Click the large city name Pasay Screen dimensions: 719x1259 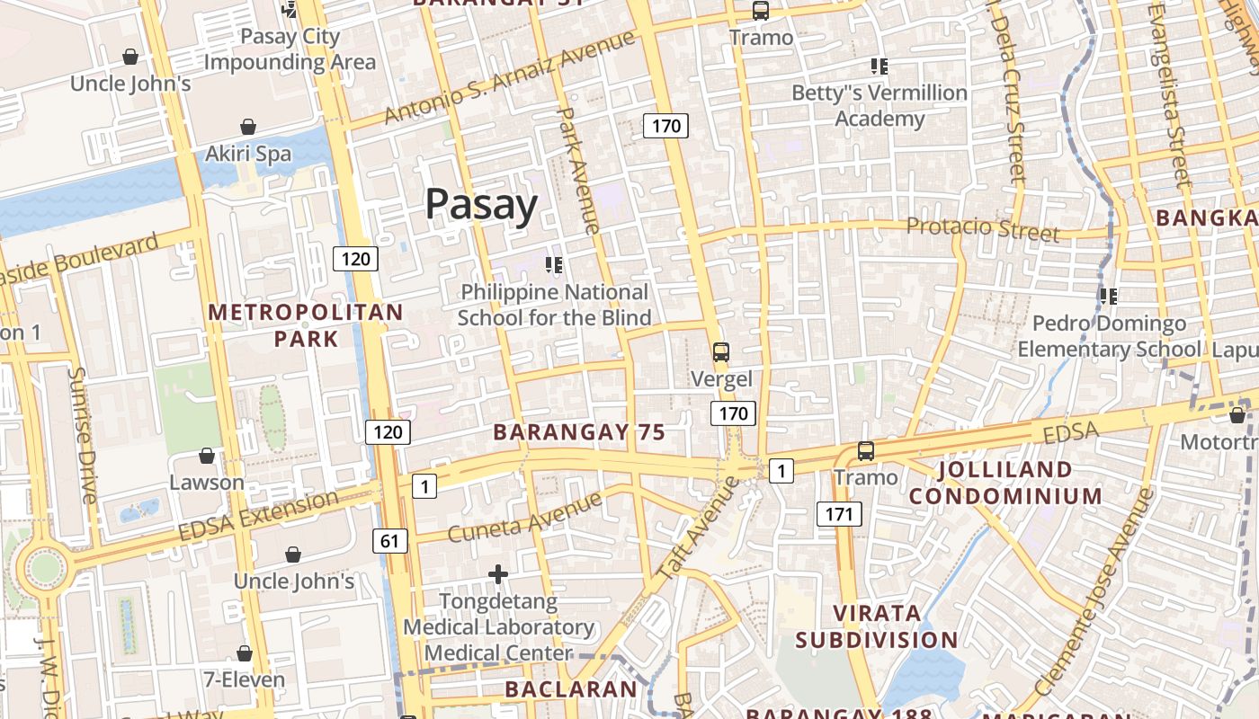[x=481, y=205]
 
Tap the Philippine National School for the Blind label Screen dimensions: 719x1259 [x=554, y=305]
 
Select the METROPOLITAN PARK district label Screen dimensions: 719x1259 [x=306, y=325]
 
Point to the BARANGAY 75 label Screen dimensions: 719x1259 [x=579, y=432]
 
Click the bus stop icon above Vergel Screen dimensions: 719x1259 [x=720, y=352]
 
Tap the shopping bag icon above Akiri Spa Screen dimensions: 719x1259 [x=247, y=128]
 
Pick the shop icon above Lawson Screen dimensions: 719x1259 [x=207, y=457]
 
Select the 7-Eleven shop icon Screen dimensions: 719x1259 [x=244, y=653]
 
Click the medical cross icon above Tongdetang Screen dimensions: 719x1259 [x=498, y=573]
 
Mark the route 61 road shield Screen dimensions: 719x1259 [x=389, y=541]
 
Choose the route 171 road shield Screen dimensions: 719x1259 [x=839, y=514]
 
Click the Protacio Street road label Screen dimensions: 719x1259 [x=983, y=228]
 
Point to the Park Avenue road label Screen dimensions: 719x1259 [x=579, y=171]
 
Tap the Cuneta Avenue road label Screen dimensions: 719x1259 [x=524, y=518]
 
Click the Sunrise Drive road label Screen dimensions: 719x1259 [x=82, y=435]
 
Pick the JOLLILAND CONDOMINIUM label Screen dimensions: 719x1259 [x=1005, y=483]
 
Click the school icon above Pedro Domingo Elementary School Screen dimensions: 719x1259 [x=1108, y=296]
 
